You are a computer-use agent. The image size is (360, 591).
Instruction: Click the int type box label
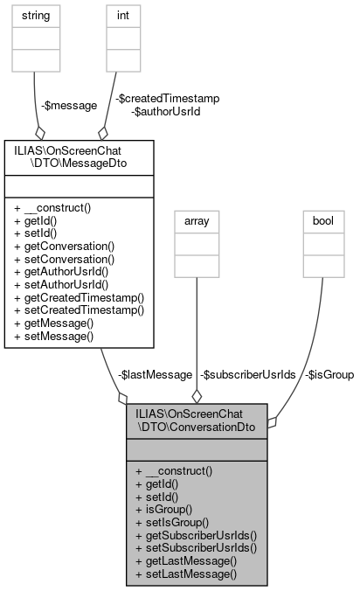point(122,16)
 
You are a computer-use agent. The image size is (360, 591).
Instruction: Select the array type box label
point(197,222)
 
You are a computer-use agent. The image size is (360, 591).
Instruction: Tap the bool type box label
point(322,222)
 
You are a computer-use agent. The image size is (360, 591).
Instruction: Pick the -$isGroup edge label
point(329,374)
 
